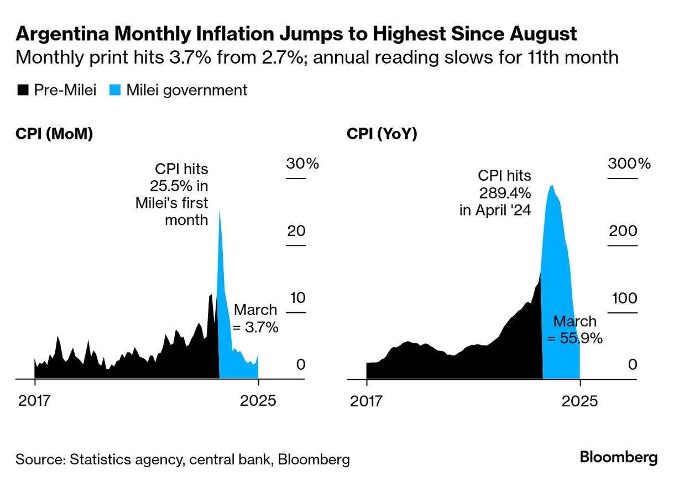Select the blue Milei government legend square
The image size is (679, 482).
coord(115,91)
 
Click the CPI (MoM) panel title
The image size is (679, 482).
coord(54,134)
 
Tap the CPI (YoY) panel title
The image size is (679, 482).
coord(382,134)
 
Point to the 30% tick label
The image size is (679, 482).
coord(302,164)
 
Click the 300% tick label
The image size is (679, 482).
coord(629,164)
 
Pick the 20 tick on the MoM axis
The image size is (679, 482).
coord(296,231)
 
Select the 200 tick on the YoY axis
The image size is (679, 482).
coord(623,231)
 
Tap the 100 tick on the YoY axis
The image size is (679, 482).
coord(623,298)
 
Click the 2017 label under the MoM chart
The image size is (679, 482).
coord(34,401)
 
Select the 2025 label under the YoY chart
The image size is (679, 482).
coord(579,401)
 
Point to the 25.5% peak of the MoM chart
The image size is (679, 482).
coord(220,210)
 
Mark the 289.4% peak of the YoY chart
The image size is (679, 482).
coord(551,186)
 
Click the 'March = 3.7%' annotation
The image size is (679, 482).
coord(255,318)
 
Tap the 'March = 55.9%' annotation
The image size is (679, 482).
coord(574,330)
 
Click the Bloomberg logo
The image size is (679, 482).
coord(619,458)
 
